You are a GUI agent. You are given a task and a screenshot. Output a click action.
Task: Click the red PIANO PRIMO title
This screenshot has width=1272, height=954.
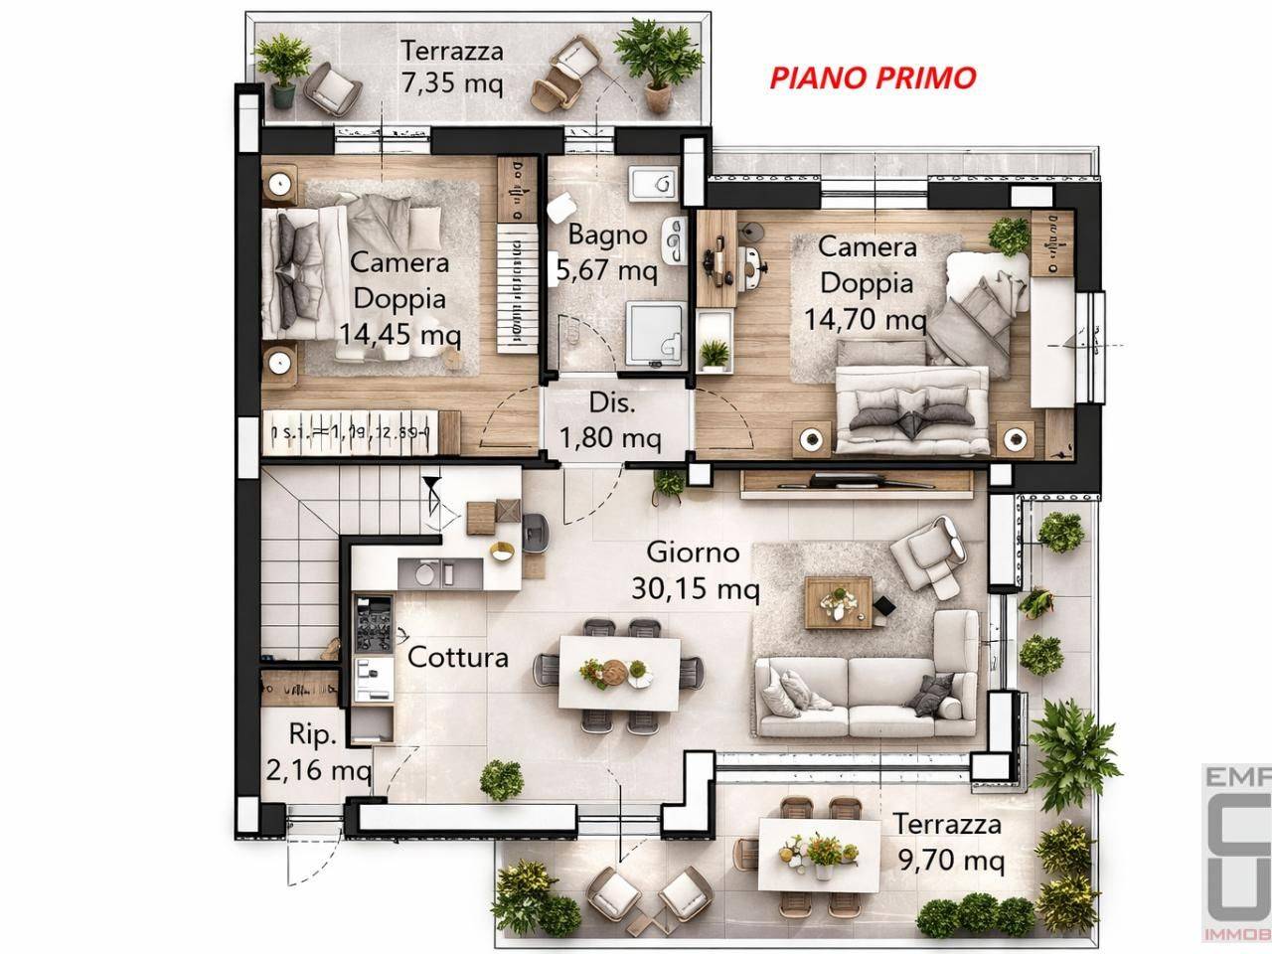click(873, 78)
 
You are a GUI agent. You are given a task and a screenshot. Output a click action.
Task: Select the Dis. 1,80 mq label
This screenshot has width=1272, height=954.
click(611, 421)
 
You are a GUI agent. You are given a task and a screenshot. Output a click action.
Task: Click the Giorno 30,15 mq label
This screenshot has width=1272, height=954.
click(695, 570)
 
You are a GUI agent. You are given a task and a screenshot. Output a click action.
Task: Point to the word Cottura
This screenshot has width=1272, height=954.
click(458, 657)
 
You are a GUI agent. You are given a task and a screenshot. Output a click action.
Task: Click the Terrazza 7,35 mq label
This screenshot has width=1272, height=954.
click(452, 66)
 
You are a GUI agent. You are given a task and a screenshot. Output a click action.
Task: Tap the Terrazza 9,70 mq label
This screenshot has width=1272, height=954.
click(947, 841)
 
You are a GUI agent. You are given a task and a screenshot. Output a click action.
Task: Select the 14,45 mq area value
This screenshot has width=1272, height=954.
click(399, 334)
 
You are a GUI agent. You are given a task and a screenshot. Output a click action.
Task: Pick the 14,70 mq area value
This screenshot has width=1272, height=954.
click(865, 320)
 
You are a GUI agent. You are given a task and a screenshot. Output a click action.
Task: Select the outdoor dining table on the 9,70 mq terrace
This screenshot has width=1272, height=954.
click(819, 853)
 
